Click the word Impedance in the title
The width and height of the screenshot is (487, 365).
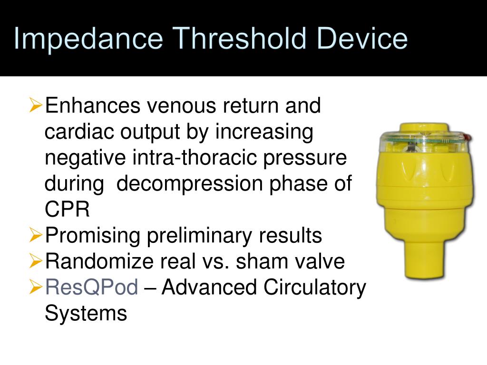pos(88,39)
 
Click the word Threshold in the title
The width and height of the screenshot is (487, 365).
pos(241,39)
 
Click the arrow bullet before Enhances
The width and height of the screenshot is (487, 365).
pos(35,104)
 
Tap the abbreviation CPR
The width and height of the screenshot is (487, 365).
pos(67,210)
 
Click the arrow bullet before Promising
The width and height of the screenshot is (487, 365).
pos(35,234)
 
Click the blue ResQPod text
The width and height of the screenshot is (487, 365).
pos(91,288)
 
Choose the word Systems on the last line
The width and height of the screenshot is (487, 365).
pos(86,314)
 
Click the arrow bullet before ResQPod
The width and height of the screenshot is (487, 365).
pos(35,287)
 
